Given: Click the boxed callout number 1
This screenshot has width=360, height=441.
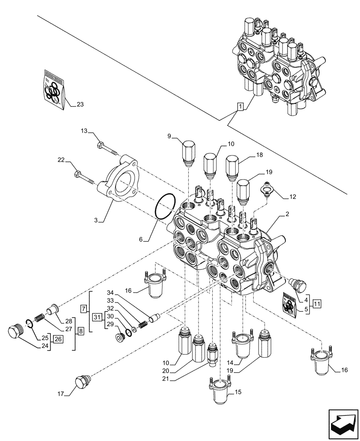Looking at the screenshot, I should point(240,106).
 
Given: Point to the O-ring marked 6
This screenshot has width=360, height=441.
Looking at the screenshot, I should point(165,206).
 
